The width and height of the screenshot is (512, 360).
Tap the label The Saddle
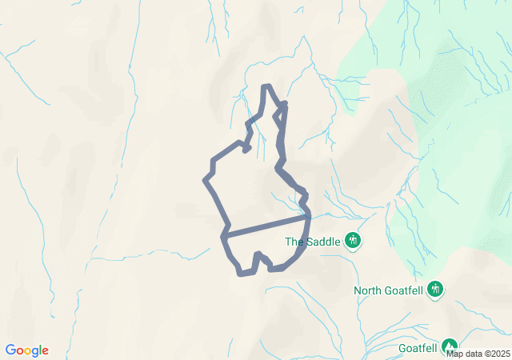pyautogui.click(x=313, y=241)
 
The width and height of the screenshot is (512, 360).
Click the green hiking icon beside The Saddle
pyautogui.click(x=353, y=240)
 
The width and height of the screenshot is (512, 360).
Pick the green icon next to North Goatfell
pyautogui.click(x=435, y=289)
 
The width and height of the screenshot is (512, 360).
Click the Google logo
pyautogui.click(x=26, y=350)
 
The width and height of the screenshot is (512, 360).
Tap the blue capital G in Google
pyautogui.click(x=10, y=350)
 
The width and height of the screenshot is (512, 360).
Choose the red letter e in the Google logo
pyautogui.click(x=45, y=351)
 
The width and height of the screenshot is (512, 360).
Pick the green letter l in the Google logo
pyautogui.click(x=40, y=350)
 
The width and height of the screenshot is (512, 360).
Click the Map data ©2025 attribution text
pyautogui.click(x=478, y=354)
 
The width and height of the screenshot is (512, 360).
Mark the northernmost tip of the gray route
pyautogui.click(x=266, y=86)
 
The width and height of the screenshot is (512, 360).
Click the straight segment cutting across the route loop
pyautogui.click(x=266, y=226)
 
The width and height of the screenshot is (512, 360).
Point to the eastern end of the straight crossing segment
pyautogui.click(x=308, y=216)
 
